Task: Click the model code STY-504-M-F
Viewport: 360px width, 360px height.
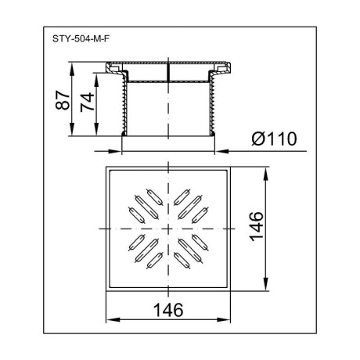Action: (x=81, y=39)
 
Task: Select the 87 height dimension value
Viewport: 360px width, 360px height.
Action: (x=63, y=100)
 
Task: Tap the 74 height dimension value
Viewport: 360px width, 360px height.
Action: (x=88, y=102)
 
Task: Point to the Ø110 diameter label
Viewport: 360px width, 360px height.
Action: (x=274, y=139)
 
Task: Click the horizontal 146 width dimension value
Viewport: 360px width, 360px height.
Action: (x=168, y=310)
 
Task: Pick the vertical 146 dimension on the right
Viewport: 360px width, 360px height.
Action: (x=256, y=226)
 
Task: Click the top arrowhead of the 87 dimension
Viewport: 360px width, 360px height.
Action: (x=72, y=69)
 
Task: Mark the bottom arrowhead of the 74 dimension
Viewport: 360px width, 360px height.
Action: (x=96, y=129)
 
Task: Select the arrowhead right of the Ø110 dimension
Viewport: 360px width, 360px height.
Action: (x=221, y=151)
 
